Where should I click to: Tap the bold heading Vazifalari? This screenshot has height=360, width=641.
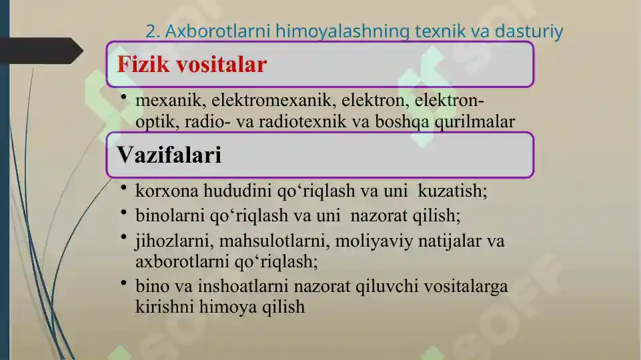pos(169,155)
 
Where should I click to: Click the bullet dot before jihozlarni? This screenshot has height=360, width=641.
pos(124,238)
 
